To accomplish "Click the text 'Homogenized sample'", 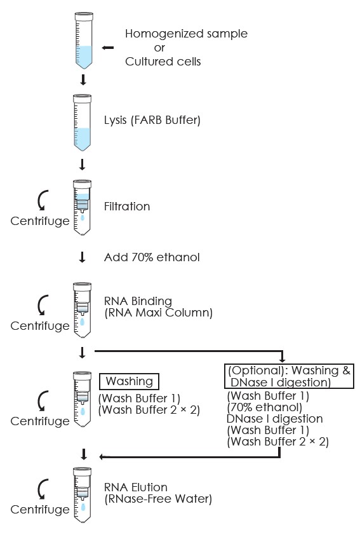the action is coord(186,34).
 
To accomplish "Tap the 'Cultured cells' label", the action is coord(163,62).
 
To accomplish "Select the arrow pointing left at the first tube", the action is coord(108,48).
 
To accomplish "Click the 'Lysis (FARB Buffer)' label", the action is coord(152,120).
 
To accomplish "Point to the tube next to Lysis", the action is coord(82,123).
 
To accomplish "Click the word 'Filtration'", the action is coord(127,207).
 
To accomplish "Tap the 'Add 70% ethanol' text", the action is coord(152,257).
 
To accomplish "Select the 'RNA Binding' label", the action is coord(138,301).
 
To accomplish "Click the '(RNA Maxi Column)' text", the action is coord(159,313).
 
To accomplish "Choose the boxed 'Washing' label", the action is coord(129,381).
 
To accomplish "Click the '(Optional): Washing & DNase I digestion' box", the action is coord(289,376).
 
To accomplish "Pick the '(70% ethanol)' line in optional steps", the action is coord(265,407).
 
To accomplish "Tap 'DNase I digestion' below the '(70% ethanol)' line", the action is coord(274,419).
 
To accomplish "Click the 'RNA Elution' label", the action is coord(135,487).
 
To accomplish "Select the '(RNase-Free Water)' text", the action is coord(158,499).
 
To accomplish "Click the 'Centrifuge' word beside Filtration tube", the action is coord(40,221).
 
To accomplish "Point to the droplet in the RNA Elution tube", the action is coord(83,507).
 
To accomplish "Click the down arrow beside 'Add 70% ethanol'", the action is coord(82,257).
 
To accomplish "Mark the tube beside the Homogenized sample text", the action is coord(84,41).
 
